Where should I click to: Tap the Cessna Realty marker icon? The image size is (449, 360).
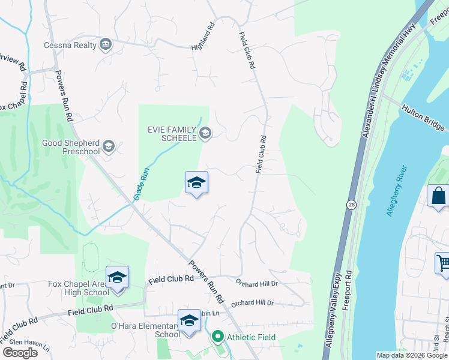point(106,44)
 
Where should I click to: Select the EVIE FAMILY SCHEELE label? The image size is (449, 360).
point(172,133)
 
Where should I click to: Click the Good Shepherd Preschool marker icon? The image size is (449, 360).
point(109,146)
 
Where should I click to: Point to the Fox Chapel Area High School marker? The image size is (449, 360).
point(118,278)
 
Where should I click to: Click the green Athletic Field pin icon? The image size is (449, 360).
point(218,337)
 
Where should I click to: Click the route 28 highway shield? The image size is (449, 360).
point(351,205)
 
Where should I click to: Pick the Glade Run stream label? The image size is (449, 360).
point(140,184)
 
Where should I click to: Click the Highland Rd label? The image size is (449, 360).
point(202,35)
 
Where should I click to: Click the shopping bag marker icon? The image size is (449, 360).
point(439,196)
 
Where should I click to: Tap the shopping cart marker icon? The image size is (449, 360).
point(443,263)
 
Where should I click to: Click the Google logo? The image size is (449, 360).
point(20,353)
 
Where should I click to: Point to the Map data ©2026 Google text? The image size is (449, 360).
point(411,355)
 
